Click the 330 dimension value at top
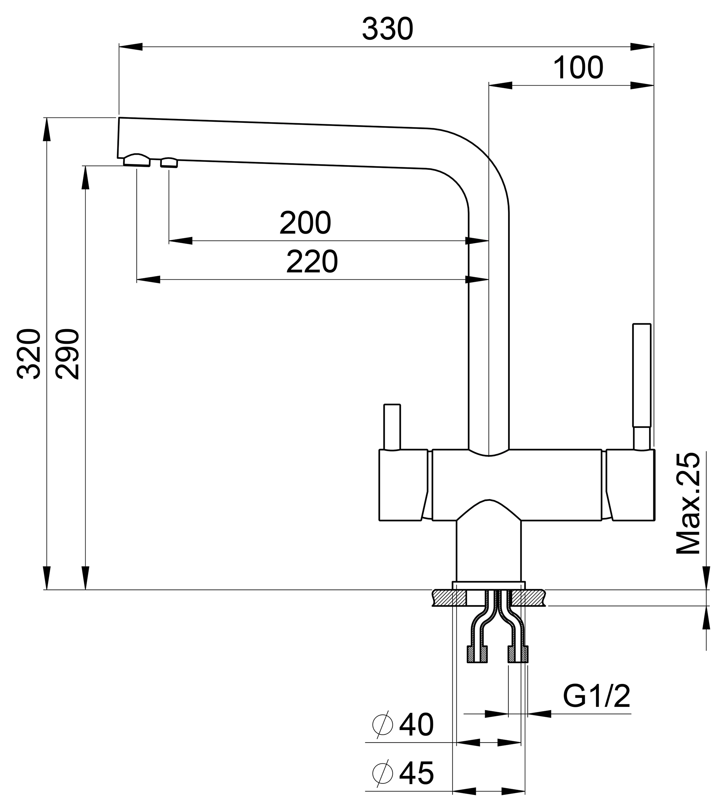click(387, 29)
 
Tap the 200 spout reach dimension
click(305, 223)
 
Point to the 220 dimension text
click(311, 262)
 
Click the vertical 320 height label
click(29, 354)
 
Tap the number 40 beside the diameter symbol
click(416, 725)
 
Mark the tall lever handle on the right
click(642, 376)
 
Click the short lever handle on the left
click(392, 427)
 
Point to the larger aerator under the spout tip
click(136, 160)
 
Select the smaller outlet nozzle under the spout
click(169, 163)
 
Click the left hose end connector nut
click(477, 654)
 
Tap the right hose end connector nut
click(518, 654)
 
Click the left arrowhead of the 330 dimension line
click(131, 47)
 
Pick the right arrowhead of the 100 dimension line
click(642, 85)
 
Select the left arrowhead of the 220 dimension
click(148, 280)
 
